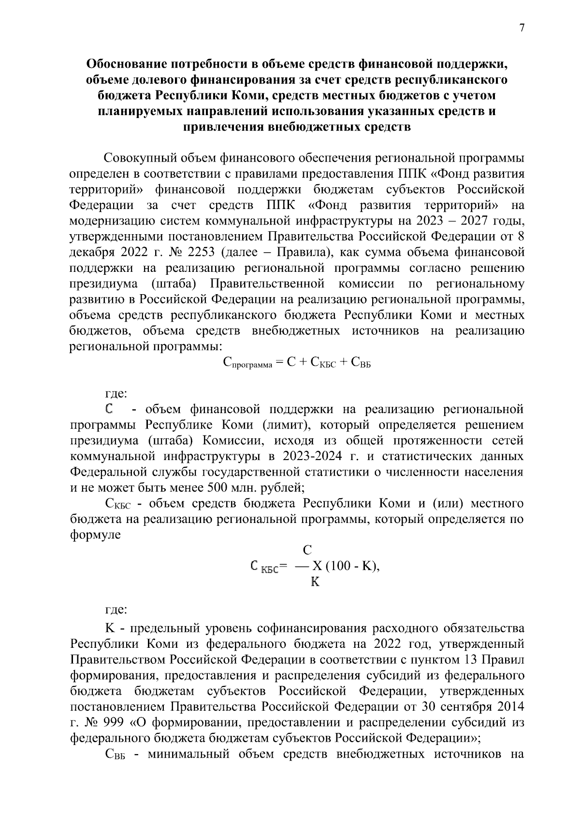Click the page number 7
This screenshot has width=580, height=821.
[522, 28]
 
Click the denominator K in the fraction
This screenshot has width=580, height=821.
[315, 582]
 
